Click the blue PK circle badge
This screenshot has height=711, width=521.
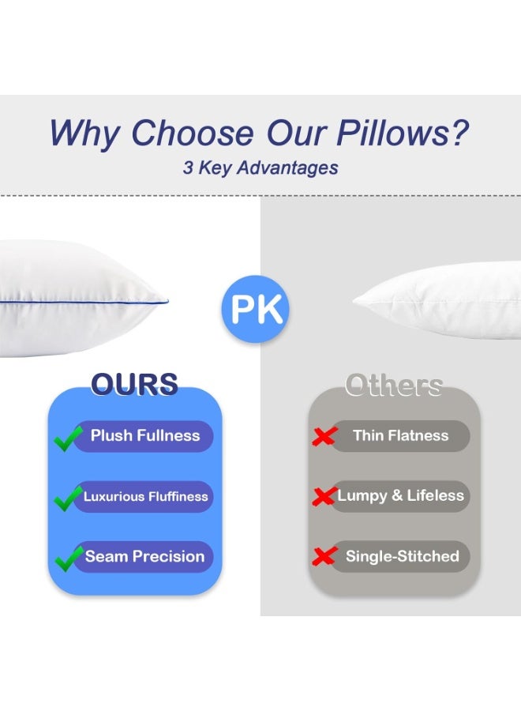point(255,309)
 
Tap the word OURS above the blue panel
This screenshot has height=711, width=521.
point(134,384)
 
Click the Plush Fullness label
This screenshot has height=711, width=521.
point(145,435)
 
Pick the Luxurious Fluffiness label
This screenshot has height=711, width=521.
point(146,496)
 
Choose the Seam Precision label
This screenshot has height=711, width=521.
point(144,556)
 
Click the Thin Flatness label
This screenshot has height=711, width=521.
point(400,435)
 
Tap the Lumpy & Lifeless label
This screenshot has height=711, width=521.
point(400,495)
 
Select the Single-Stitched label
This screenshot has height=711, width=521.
point(402,556)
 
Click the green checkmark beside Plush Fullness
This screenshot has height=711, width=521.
point(69,438)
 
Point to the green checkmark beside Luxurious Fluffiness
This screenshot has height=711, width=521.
point(69,498)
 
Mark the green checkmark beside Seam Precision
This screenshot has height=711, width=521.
point(69,558)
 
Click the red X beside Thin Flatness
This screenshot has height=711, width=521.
point(324,436)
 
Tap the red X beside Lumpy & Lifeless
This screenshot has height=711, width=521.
point(324,496)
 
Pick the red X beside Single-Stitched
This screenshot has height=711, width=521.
point(324,557)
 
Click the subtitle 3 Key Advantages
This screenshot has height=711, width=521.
point(260,167)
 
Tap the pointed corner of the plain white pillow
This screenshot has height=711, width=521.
point(354,299)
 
